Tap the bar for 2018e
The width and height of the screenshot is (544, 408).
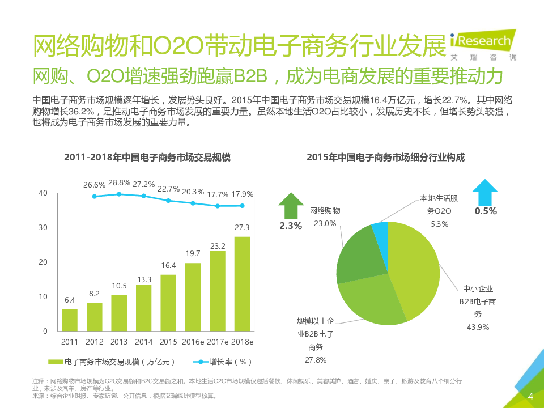[x=242, y=283]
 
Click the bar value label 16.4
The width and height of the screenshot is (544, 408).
[x=168, y=265]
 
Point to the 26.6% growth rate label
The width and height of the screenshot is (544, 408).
[x=95, y=185]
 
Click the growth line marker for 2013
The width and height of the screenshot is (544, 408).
[x=119, y=194]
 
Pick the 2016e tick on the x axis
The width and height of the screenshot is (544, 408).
[x=193, y=342]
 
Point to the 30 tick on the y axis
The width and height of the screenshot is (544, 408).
[x=43, y=227]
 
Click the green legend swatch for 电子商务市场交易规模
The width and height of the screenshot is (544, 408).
[x=56, y=362]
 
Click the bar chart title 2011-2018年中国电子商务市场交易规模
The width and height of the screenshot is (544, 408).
[x=147, y=157]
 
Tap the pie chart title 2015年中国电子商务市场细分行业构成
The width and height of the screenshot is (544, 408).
[x=385, y=157]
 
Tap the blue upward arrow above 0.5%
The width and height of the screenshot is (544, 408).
[x=485, y=192]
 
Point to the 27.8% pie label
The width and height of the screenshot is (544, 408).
[x=316, y=360]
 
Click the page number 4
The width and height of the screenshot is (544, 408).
[x=531, y=396]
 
